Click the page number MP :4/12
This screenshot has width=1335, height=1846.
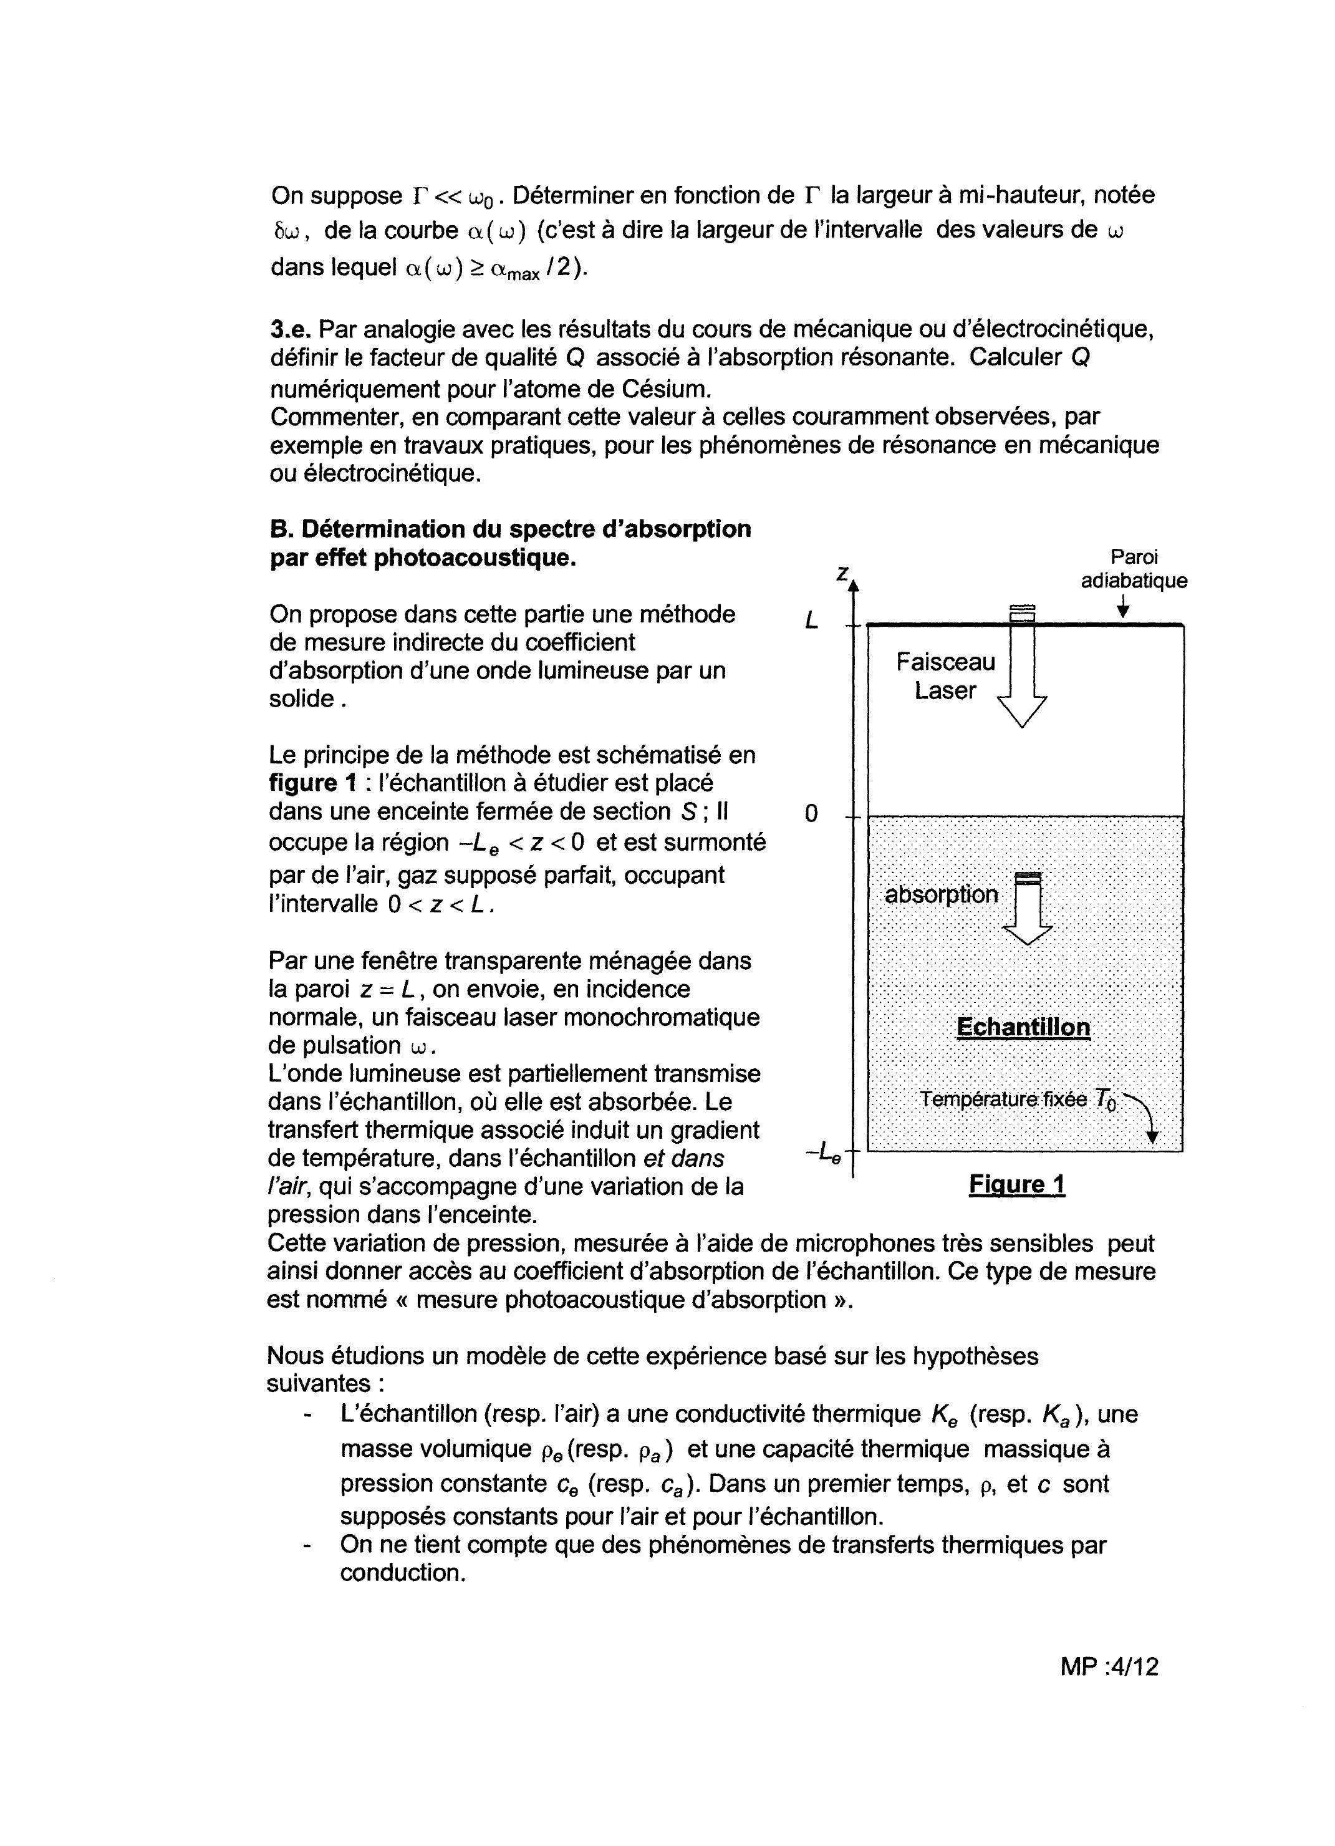click(1109, 1666)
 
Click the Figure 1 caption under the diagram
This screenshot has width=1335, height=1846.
click(1017, 1184)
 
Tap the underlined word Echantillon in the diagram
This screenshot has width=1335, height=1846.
click(1023, 1027)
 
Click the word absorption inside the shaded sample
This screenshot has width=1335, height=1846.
click(941, 894)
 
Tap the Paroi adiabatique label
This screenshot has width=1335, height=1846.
click(1134, 569)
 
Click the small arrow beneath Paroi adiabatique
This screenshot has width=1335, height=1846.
click(1124, 607)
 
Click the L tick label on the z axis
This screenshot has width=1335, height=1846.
click(812, 622)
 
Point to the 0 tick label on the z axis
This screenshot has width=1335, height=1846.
click(811, 814)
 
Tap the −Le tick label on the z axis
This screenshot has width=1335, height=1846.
click(823, 1153)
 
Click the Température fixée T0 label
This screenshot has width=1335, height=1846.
click(1018, 1099)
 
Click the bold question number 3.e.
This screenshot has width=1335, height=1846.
click(291, 330)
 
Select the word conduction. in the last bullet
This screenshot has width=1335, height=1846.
click(402, 1573)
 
